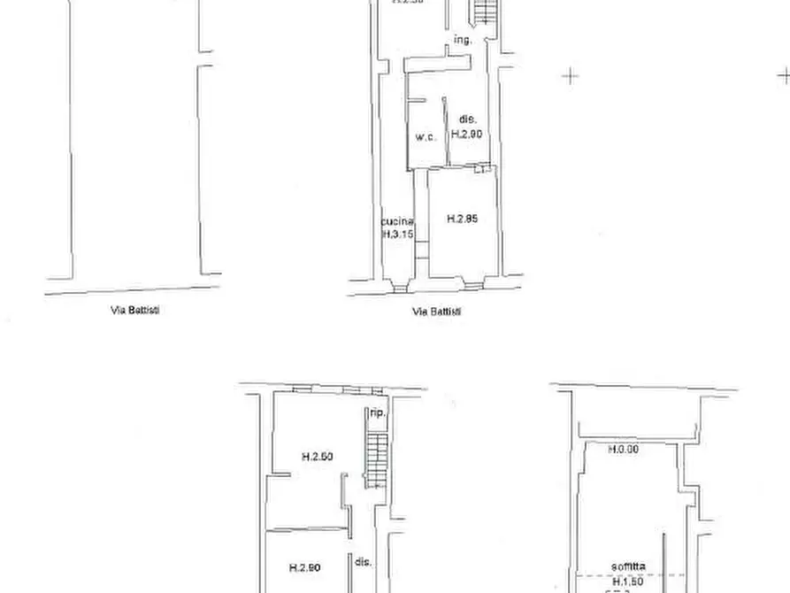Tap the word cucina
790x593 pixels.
coord(395,222)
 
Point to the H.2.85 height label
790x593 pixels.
coord(462,219)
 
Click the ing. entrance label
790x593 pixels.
coord(462,41)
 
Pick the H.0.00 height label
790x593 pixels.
coord(624,450)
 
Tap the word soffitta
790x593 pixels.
coord(626,566)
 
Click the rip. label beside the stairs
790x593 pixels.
coord(376,413)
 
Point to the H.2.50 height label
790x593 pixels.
coord(316,458)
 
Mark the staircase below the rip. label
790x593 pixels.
coord(376,460)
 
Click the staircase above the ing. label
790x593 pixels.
coord(483,12)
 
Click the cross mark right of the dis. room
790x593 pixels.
coord(571,76)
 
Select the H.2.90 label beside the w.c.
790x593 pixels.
coord(465,135)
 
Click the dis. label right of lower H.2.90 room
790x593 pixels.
coord(363,562)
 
